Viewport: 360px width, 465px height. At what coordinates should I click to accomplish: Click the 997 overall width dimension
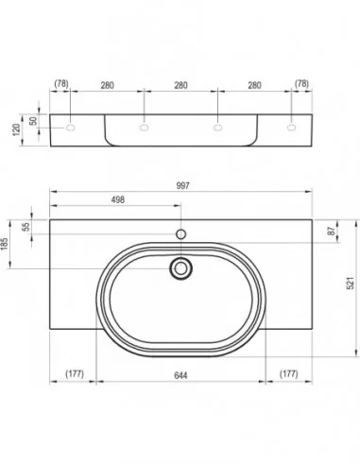(x=182, y=185)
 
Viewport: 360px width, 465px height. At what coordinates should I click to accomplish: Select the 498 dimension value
(x=118, y=199)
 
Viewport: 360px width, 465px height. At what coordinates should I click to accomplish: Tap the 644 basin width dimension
(x=180, y=375)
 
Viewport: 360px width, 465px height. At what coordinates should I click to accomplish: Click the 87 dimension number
(x=331, y=231)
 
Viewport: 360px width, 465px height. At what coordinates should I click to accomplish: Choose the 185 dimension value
(x=5, y=244)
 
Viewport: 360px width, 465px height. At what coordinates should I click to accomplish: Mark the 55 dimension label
(x=26, y=227)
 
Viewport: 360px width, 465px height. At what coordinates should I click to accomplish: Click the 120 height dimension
(x=16, y=129)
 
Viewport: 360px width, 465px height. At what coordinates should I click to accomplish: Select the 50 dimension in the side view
(x=33, y=121)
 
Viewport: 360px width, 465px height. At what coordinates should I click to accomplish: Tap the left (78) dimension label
(x=61, y=83)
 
